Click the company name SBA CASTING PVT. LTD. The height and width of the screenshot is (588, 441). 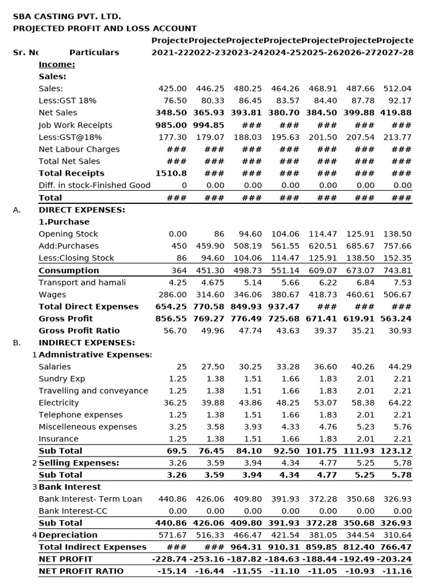pos(67,17)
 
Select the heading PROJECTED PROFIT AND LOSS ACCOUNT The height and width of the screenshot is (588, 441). pos(105,28)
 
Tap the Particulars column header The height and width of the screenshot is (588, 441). pos(94,52)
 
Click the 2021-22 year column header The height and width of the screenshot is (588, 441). pos(169,52)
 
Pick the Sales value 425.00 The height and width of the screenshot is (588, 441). pos(172,88)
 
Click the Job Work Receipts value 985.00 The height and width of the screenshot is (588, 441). pos(171,125)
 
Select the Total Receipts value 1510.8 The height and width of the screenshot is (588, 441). pos(171,173)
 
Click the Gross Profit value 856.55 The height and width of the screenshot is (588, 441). pos(171,318)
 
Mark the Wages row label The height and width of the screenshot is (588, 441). pos(52,294)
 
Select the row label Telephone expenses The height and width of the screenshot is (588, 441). pos(80,415)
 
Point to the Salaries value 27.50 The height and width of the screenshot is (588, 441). pos(212,366)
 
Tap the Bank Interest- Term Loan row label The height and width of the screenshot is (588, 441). pos(90,499)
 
